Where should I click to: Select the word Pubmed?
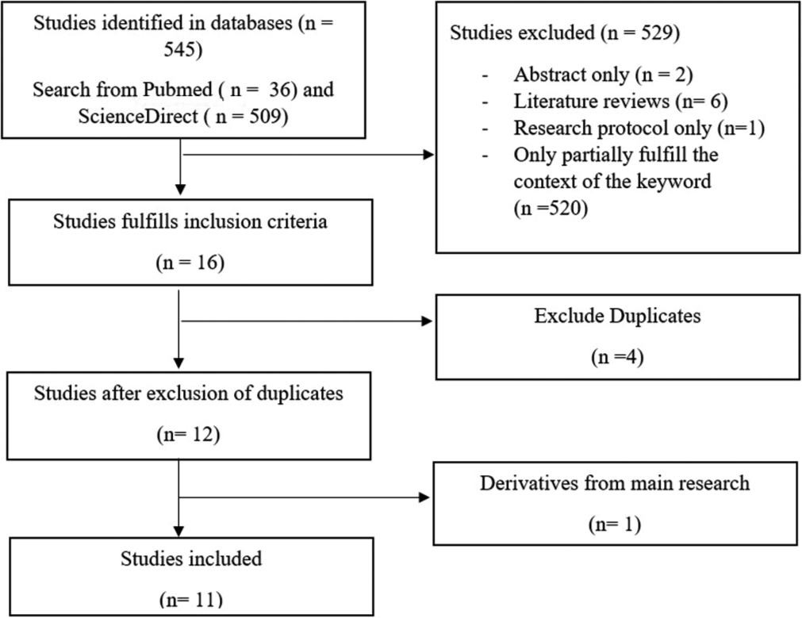point(178,90)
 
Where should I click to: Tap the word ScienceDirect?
point(137,116)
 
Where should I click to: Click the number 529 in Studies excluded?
point(653,33)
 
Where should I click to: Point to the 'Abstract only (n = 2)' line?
point(603,75)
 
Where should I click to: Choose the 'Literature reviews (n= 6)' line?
point(620,102)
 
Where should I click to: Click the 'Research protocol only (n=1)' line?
point(639,128)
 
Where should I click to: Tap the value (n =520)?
point(551,208)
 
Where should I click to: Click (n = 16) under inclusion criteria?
point(190,263)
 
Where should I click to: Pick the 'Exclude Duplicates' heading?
point(617,316)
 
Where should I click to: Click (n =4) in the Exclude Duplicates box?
point(617,356)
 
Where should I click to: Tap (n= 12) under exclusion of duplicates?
point(188,434)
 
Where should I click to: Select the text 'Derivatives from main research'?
point(614,483)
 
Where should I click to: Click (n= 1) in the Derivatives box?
point(614,524)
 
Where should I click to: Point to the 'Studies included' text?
point(190,559)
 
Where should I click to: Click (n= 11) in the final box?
point(190,599)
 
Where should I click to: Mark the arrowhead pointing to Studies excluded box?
point(428,155)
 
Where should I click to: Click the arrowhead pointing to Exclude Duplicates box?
point(427,321)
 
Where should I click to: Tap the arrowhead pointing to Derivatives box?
point(424,497)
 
